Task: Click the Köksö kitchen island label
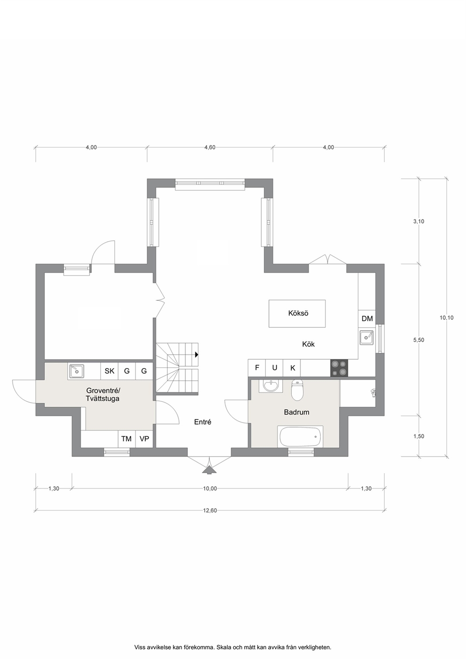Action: pyautogui.click(x=298, y=313)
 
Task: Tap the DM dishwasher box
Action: pyautogui.click(x=367, y=319)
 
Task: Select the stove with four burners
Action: pyautogui.click(x=339, y=368)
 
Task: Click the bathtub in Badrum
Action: pyautogui.click(x=300, y=437)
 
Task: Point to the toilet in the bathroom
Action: pyautogui.click(x=297, y=390)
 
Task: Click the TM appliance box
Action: pyautogui.click(x=126, y=439)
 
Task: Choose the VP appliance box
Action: pyautogui.click(x=144, y=439)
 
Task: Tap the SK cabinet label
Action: pyautogui.click(x=109, y=371)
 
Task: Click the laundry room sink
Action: pyautogui.click(x=77, y=371)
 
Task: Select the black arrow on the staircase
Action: pyautogui.click(x=196, y=355)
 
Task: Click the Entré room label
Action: pyautogui.click(x=203, y=422)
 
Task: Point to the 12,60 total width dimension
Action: pyautogui.click(x=210, y=510)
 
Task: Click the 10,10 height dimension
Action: pyautogui.click(x=447, y=318)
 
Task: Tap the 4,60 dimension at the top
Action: pyautogui.click(x=210, y=147)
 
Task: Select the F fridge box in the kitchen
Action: pyautogui.click(x=257, y=368)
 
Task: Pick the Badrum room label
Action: pyautogui.click(x=296, y=412)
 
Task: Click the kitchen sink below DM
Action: pyautogui.click(x=366, y=337)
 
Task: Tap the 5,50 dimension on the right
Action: pyautogui.click(x=419, y=340)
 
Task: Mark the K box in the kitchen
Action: pyautogui.click(x=292, y=368)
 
